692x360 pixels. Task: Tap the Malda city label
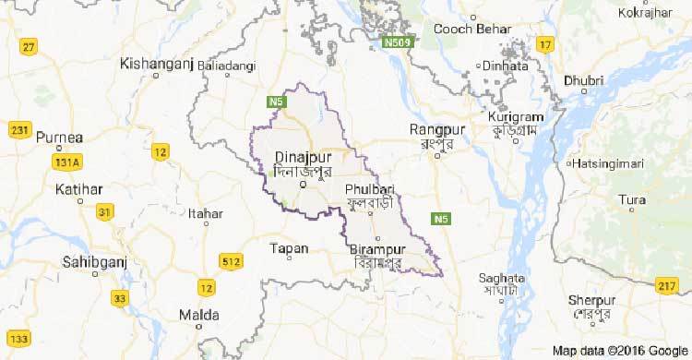(x=221, y=316)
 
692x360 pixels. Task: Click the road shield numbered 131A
(x=65, y=163)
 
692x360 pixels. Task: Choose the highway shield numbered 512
(x=233, y=264)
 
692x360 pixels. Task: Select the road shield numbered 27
(x=31, y=47)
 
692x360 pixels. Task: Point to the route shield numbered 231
(x=18, y=130)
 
